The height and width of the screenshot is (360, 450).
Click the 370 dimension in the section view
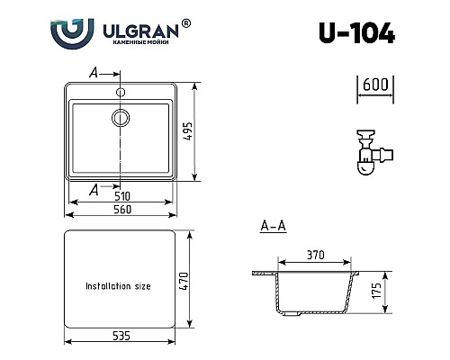coord(316,256)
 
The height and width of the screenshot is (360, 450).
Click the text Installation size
coord(117,285)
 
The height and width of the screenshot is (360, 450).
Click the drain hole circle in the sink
coord(121,117)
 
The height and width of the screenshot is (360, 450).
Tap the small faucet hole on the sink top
coord(121,91)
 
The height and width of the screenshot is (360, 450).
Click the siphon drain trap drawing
coord(369,150)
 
